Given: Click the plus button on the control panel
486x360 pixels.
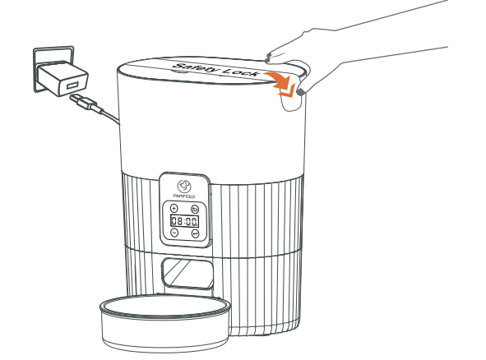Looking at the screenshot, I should [174, 210].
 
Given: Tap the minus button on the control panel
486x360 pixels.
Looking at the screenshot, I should [174, 233].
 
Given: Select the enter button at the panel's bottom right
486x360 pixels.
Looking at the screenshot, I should [195, 233].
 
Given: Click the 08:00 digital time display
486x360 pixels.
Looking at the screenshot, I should [184, 222].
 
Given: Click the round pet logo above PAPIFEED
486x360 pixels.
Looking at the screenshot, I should [184, 187].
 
